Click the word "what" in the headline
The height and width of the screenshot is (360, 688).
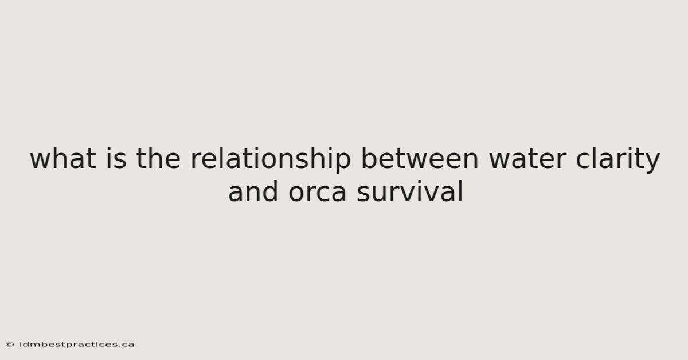[63, 158]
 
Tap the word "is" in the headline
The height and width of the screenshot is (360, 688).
[116, 158]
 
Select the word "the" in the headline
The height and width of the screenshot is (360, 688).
[158, 158]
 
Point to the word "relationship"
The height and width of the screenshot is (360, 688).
[271, 160]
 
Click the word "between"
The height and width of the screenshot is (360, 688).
[420, 158]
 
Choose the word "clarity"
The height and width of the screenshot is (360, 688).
[617, 160]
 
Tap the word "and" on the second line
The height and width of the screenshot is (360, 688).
[253, 191]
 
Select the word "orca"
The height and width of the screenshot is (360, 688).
[318, 194]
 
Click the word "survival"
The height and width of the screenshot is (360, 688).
[410, 191]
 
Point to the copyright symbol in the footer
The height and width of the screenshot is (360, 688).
[10, 345]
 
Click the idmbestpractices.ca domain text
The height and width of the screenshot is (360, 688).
[76, 345]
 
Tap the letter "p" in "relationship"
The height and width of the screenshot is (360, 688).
[341, 163]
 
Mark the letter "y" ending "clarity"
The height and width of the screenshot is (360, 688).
[651, 163]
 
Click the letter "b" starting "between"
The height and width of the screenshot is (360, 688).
[371, 158]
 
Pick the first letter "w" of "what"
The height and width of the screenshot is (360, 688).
[40, 161]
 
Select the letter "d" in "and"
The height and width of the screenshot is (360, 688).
[269, 191]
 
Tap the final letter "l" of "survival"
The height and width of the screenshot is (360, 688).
[461, 191]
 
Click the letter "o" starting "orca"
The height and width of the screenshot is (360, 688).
[298, 194]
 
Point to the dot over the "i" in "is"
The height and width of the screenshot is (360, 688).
[109, 148]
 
